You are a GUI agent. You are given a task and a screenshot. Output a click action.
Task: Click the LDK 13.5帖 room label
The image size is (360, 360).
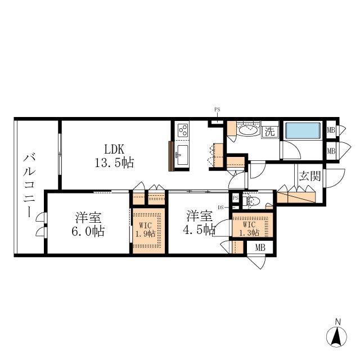(114, 156)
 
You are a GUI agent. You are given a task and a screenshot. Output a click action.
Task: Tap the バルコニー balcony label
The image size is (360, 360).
(29, 186)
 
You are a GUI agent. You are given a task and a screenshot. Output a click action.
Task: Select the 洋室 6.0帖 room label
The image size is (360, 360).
(88, 224)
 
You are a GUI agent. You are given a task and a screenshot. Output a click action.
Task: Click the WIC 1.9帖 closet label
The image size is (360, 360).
(146, 230)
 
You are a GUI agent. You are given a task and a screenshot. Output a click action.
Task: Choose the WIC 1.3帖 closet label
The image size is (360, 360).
(249, 228)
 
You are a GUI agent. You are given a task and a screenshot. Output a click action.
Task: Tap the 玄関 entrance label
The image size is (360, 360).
(309, 176)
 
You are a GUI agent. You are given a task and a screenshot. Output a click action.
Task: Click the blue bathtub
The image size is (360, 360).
(303, 130)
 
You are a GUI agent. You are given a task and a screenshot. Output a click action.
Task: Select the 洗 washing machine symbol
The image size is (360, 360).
(270, 132)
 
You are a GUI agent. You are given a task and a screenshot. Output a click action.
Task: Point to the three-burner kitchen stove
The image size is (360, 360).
(183, 130)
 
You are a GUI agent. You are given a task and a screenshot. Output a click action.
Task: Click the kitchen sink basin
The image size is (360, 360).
(182, 155)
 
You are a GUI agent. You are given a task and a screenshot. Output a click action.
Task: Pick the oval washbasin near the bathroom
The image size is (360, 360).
(249, 130)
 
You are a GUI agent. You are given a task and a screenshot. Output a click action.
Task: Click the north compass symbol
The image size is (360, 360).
(336, 336)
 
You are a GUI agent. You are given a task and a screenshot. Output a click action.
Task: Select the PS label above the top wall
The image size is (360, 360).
(217, 110)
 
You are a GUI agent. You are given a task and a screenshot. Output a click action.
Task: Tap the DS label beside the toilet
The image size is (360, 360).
(220, 208)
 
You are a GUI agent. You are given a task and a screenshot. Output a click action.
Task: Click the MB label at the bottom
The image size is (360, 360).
(260, 247)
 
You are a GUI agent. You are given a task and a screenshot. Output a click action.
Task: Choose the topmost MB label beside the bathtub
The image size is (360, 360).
(331, 130)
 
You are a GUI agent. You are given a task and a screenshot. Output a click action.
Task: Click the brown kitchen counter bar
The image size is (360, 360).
(171, 156)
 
